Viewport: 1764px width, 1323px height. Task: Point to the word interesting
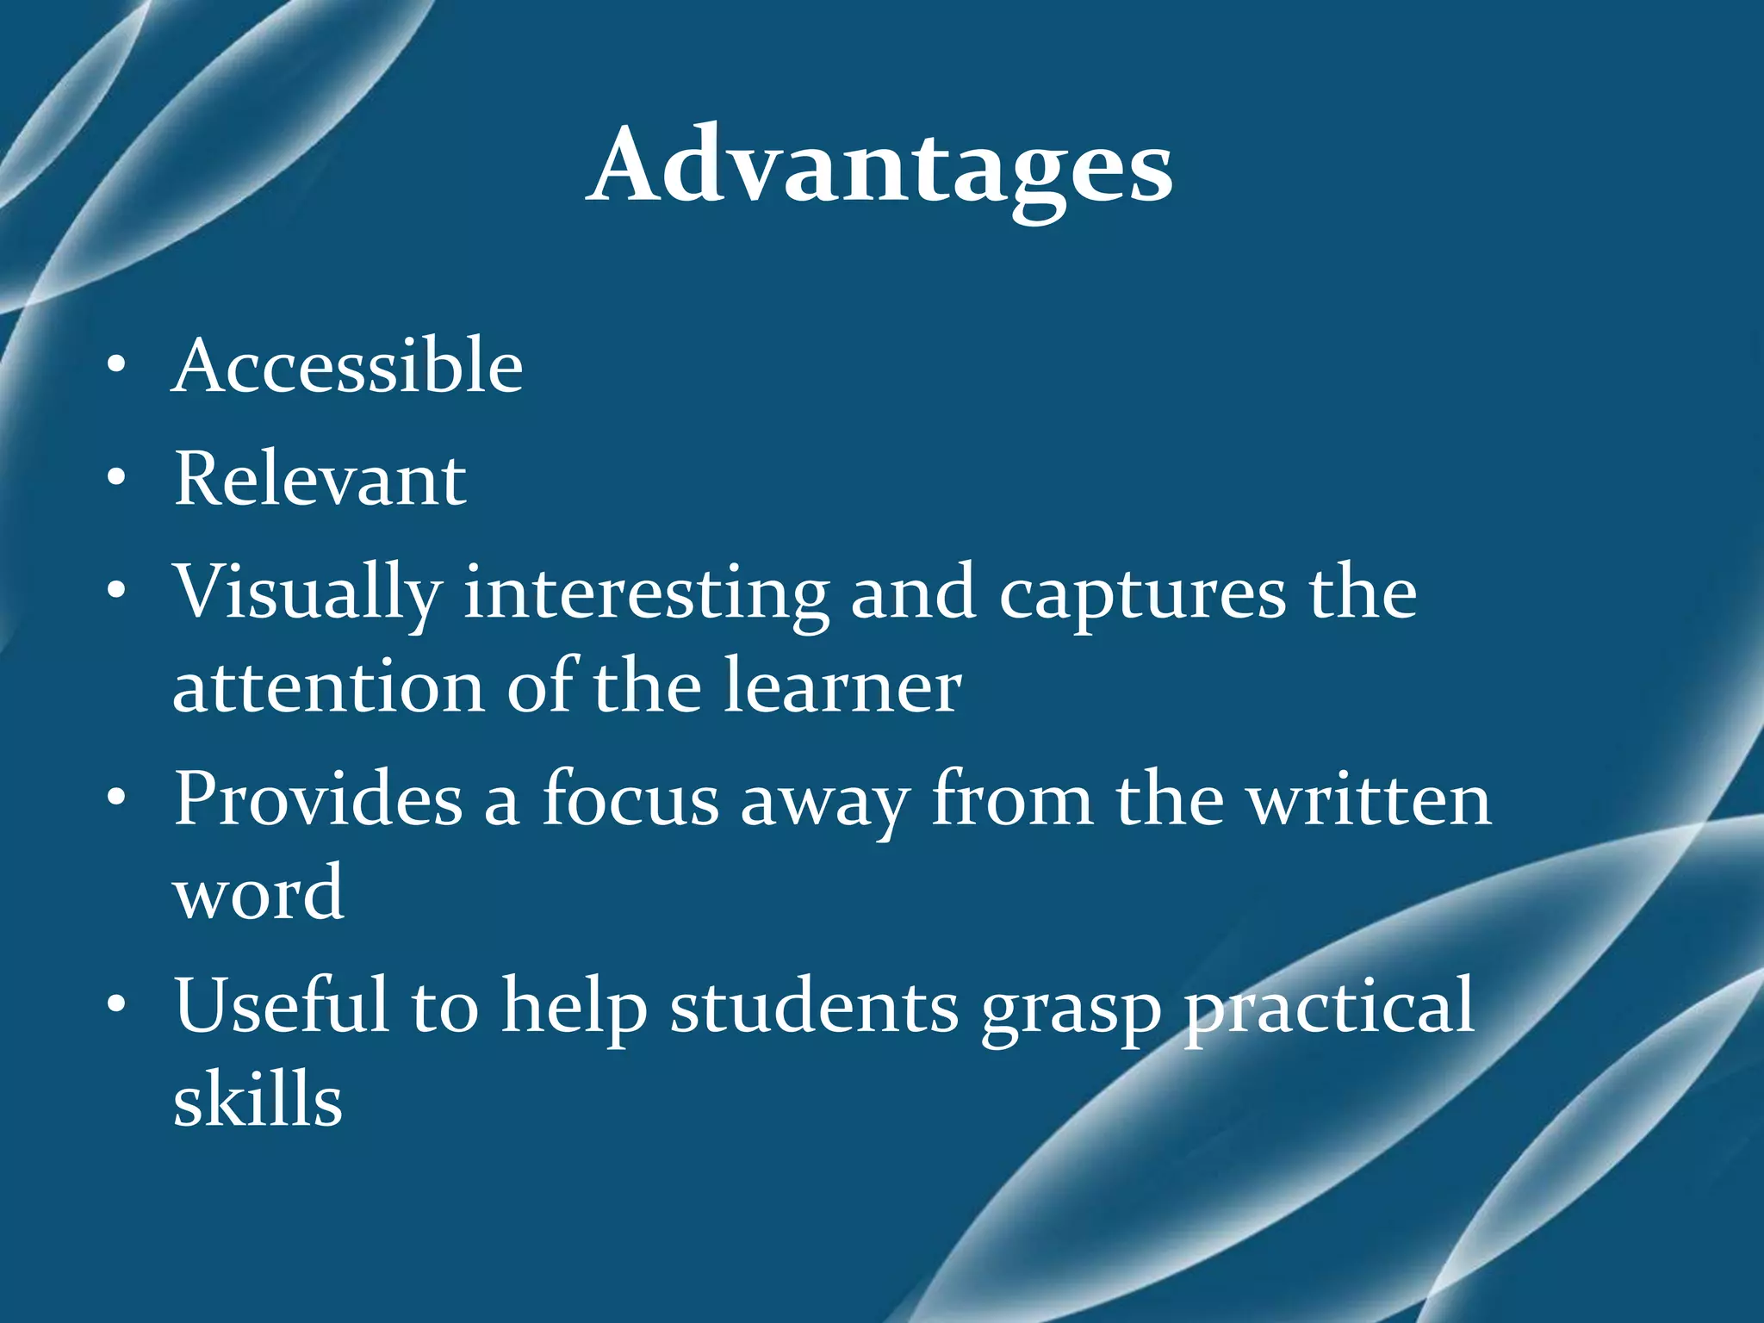(646, 594)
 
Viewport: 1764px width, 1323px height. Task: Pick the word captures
(1142, 594)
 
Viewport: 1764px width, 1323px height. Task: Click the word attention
(329, 687)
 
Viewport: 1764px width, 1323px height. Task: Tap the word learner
(842, 687)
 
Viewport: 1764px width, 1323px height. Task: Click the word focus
(630, 799)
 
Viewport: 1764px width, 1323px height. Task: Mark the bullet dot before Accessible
(116, 368)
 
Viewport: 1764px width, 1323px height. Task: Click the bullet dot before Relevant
(116, 480)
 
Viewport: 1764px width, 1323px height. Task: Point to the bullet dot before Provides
(116, 800)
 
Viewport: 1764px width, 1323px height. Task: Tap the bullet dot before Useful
(116, 1005)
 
